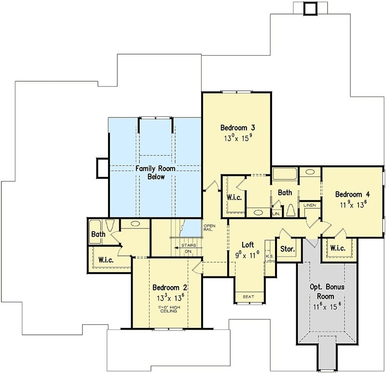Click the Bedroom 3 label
[x=237, y=128]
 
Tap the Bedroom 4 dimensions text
[x=353, y=204]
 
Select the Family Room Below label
[x=155, y=172]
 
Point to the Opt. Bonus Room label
[x=327, y=291]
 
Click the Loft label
[x=248, y=245]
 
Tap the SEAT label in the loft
[x=248, y=297]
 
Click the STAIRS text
[x=189, y=245]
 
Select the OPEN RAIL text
[x=209, y=228]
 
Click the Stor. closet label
[x=288, y=249]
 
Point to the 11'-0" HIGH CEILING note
[x=169, y=309]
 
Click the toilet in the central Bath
[x=291, y=210]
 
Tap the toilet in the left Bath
[x=110, y=225]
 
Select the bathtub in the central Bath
[x=285, y=173]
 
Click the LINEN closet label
[x=310, y=205]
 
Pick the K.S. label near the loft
[x=270, y=257]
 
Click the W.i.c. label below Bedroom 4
[x=338, y=248]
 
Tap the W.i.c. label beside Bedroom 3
[x=234, y=197]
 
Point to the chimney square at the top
[x=311, y=9]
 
